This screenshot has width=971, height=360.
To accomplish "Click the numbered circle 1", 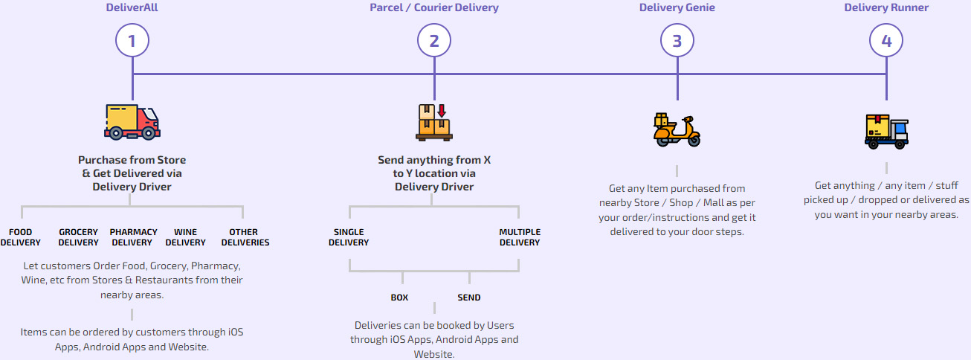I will pos(132,41).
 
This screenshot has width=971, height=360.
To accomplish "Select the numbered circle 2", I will pos(434,41).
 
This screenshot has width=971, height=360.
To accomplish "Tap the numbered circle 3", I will pos(677,41).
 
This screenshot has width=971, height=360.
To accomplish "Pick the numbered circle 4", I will pos(886,41).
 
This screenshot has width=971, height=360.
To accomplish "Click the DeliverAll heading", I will pos(132,8).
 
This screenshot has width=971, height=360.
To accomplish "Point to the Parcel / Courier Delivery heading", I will pos(434,8).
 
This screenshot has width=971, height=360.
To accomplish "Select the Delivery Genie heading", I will pos(677,8).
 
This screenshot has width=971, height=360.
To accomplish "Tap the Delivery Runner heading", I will pos(886,8).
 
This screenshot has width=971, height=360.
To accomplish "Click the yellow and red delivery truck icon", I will pos(132,122).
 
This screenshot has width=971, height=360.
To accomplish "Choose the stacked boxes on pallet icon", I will pos(434,122).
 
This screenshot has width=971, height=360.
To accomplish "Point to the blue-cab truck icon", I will pos(886,132).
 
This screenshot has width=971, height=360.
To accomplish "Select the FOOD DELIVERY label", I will pos(21,237).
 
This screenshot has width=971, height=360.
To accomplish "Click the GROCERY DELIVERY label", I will pos(79,237).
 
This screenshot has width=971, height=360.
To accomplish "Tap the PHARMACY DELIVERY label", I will pos(134,237).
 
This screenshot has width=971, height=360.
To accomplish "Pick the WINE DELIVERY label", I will pos(186,237).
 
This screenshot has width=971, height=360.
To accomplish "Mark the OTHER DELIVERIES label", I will pos(245,237).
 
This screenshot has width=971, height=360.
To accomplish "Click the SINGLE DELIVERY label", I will pos(349,237).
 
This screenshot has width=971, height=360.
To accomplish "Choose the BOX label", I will pos(399,298).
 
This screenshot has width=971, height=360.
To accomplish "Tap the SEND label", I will pos(468,298).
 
